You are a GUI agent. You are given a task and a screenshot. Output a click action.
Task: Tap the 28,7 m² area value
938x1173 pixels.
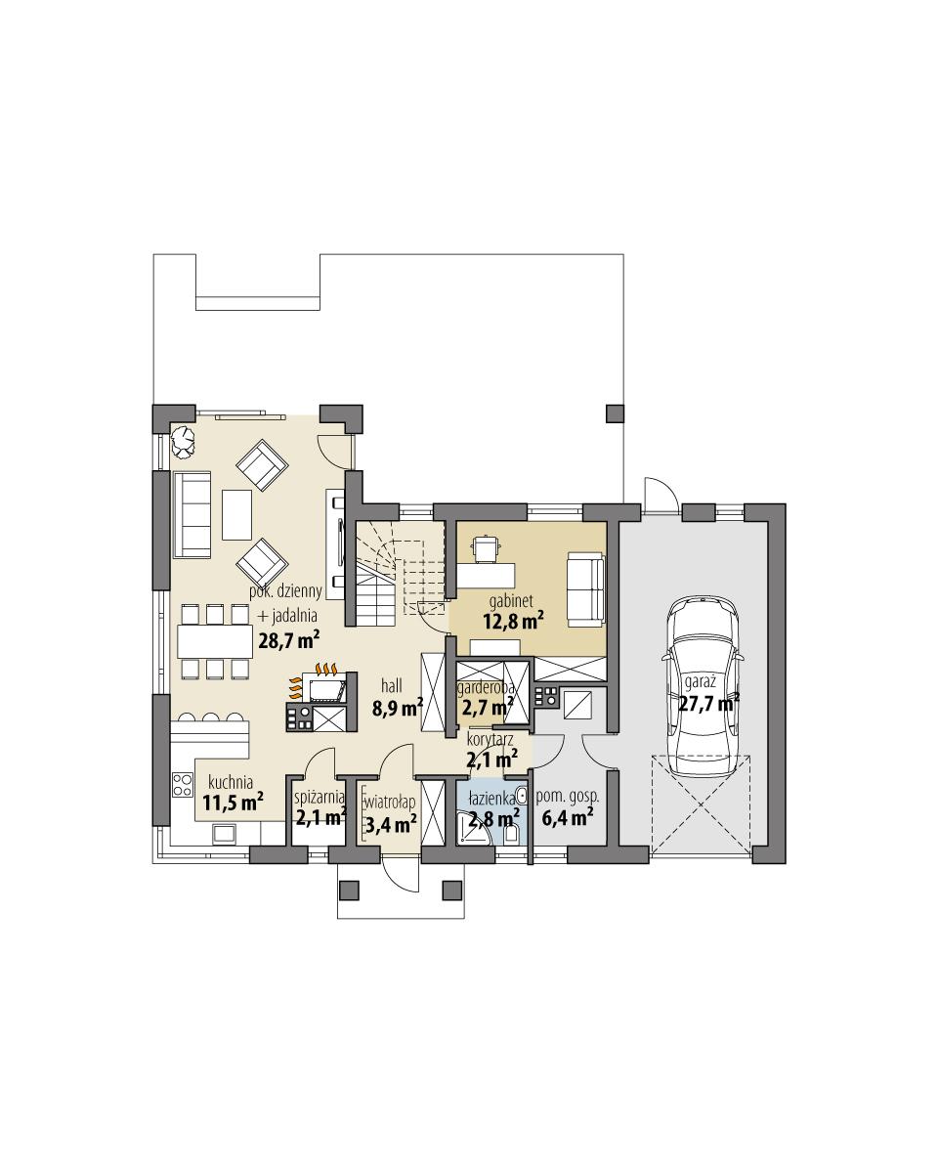pos(289,640)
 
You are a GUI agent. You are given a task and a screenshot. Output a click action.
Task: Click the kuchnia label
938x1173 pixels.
pos(232,782)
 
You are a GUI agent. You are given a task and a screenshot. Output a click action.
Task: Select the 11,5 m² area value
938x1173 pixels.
pos(233,803)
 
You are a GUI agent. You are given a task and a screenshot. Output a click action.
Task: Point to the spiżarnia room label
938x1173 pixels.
pos(320,798)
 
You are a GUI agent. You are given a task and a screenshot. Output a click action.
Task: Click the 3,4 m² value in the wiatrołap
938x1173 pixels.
pos(391,823)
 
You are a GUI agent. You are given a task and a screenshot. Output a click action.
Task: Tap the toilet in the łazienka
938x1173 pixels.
pos(512,833)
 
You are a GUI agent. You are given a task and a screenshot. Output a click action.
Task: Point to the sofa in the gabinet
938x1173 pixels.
pos(585,586)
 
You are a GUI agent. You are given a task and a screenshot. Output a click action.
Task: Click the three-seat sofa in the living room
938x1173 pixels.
pos(192,513)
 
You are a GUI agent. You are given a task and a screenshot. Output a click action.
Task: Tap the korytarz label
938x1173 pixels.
pos(490,740)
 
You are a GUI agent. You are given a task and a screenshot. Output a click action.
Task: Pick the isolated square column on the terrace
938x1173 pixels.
pos(615,413)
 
